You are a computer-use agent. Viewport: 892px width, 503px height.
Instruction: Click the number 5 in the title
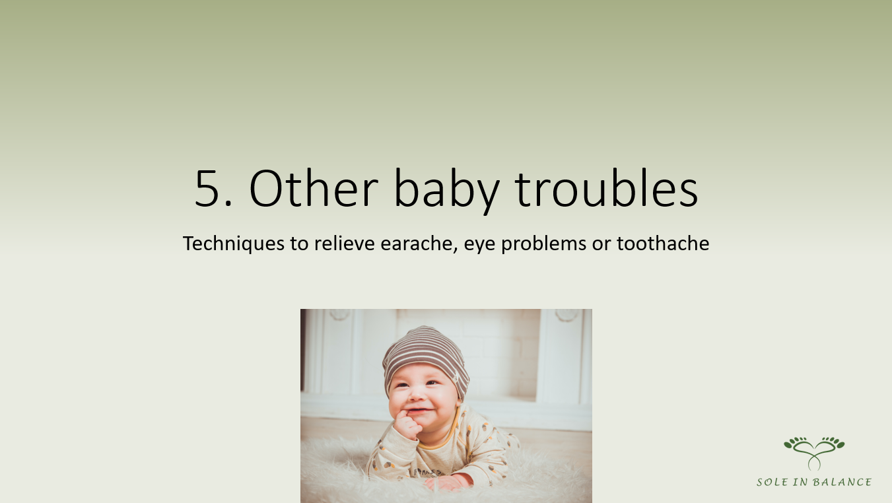pyautogui.click(x=208, y=188)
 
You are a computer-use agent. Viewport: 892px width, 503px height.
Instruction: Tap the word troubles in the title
pyautogui.click(x=607, y=188)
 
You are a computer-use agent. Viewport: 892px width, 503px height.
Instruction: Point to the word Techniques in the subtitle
pyautogui.click(x=233, y=244)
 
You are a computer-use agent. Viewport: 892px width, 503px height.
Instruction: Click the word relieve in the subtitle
pyautogui.click(x=345, y=243)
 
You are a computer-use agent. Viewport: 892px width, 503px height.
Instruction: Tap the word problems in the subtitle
pyautogui.click(x=543, y=244)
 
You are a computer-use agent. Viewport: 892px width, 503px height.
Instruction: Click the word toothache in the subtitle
pyautogui.click(x=663, y=243)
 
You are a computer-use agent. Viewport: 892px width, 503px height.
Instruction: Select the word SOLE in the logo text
pyautogui.click(x=772, y=483)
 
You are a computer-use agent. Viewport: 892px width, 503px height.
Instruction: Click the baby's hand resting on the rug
pyautogui.click(x=448, y=482)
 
